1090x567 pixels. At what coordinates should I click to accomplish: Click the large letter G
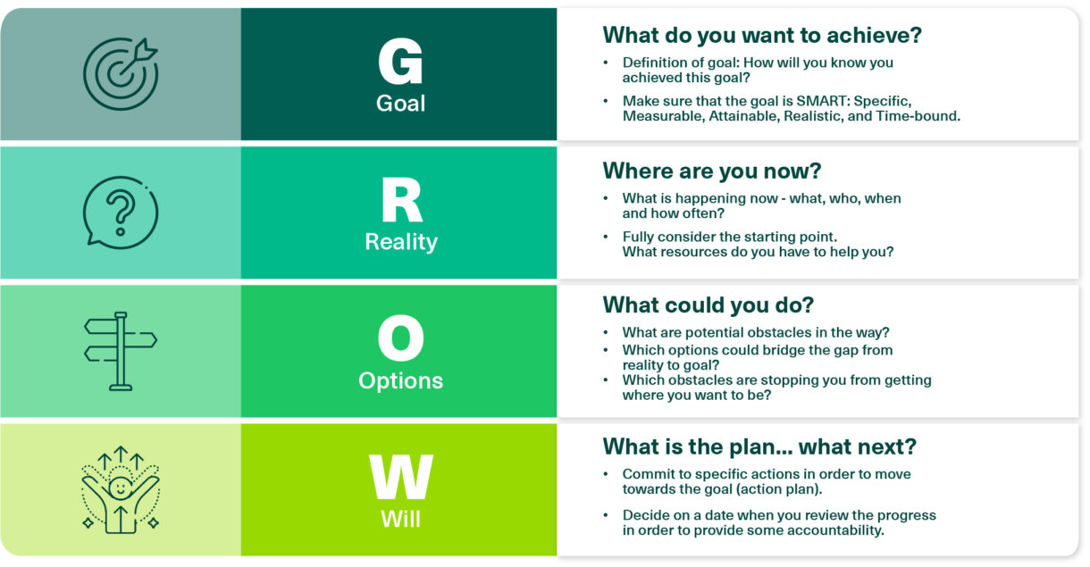tap(400, 62)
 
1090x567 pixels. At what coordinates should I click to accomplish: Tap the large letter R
tap(400, 201)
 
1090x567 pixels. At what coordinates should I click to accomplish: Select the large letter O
tap(400, 340)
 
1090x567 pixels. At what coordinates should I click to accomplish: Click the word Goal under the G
tap(400, 103)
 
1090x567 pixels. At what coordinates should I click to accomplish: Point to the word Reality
tap(400, 242)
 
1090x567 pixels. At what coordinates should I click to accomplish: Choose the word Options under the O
tap(400, 380)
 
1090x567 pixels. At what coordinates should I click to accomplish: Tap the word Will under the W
tap(400, 519)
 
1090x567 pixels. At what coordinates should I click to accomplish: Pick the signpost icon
tap(121, 351)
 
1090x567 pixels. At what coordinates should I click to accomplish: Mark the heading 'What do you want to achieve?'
tap(762, 35)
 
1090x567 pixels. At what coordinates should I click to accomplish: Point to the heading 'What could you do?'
tap(708, 305)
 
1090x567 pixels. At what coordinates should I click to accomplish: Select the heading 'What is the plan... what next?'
tap(759, 446)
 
